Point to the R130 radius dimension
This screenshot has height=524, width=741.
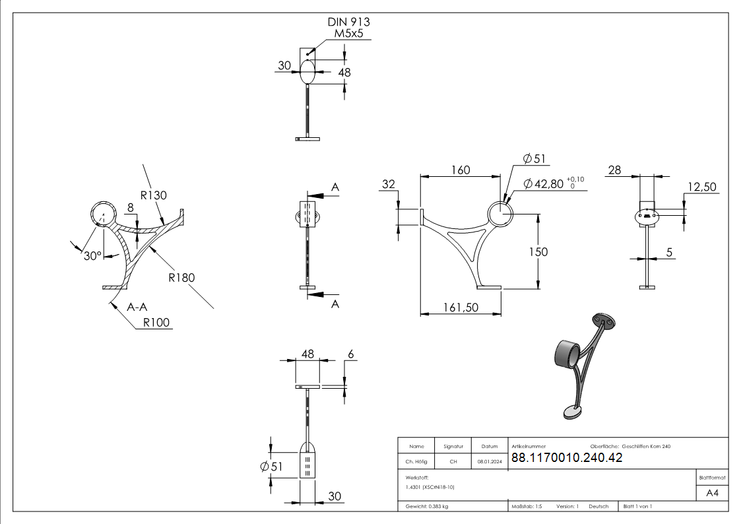click(154, 195)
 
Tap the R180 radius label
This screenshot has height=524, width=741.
click(182, 278)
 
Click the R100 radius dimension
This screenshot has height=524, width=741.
click(156, 323)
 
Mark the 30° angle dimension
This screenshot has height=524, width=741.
click(92, 255)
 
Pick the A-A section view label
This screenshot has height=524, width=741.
click(137, 307)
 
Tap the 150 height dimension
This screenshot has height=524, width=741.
click(538, 251)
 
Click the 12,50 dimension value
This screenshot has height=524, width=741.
click(701, 187)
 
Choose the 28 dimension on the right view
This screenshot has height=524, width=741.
click(614, 170)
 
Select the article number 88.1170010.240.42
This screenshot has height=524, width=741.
click(566, 459)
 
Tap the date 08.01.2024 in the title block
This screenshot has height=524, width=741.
click(489, 462)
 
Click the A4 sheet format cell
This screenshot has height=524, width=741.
click(713, 493)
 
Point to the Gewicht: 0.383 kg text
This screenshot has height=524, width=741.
click(428, 506)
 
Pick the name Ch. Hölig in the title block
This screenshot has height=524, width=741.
click(416, 462)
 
